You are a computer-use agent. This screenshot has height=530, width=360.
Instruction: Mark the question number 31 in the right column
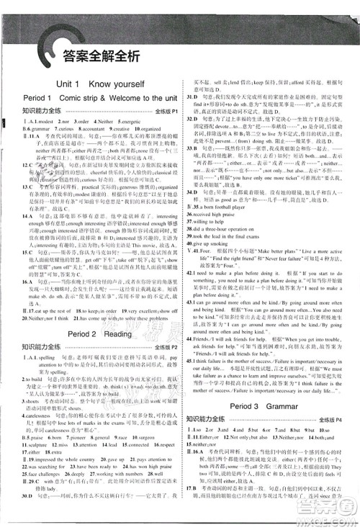point(189,96)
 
